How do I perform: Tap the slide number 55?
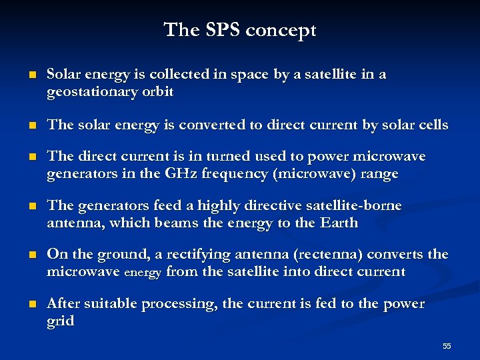[447, 345]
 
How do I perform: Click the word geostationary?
[92, 92]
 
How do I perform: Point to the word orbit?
[157, 92]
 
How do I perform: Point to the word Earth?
[339, 223]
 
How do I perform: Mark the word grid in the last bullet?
[60, 321]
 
